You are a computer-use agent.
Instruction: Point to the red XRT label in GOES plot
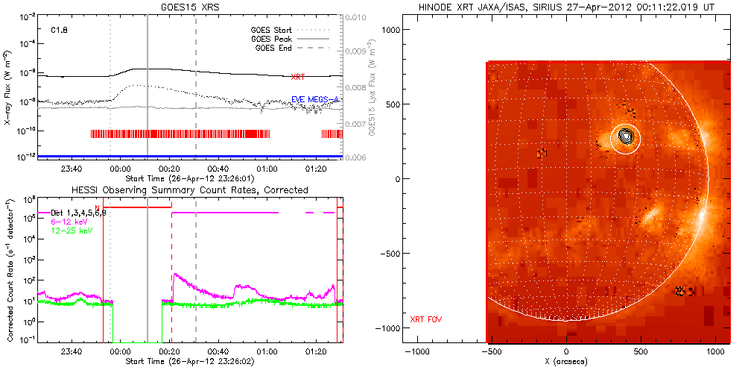coord(297,77)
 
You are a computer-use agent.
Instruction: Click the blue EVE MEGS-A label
coord(315,99)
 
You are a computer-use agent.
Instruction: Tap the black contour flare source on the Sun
coord(626,136)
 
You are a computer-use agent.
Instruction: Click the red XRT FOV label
coord(427,320)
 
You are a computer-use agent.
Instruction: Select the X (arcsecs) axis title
coord(567,362)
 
